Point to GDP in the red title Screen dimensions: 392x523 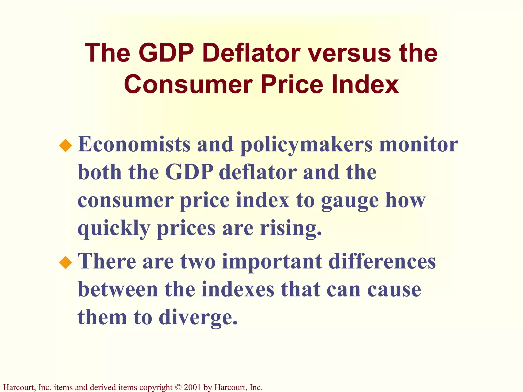[x=166, y=53]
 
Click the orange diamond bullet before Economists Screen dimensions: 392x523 [x=66, y=145]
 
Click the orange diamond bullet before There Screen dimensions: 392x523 [x=66, y=263]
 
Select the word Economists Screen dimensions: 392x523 [x=134, y=144]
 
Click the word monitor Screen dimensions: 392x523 [x=419, y=144]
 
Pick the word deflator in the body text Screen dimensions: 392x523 [x=258, y=172]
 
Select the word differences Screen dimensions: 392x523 [x=382, y=261]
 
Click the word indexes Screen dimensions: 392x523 [x=238, y=289]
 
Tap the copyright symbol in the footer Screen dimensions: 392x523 [x=178, y=387]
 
